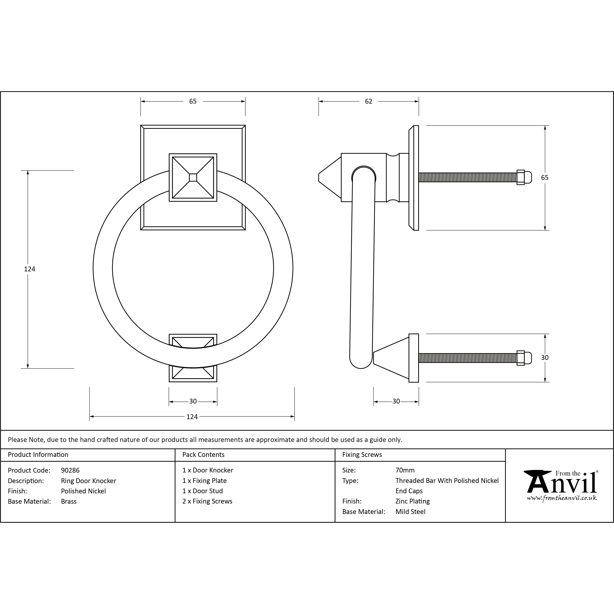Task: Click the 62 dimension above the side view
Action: click(x=368, y=101)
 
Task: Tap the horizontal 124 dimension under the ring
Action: click(x=192, y=417)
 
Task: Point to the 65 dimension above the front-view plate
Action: click(x=193, y=101)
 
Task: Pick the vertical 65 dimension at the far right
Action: click(x=545, y=178)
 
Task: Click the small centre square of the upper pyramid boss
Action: click(x=193, y=177)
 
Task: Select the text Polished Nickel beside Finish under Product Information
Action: click(x=83, y=491)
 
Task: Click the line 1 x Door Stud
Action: click(x=202, y=491)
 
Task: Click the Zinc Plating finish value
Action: click(x=413, y=501)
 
